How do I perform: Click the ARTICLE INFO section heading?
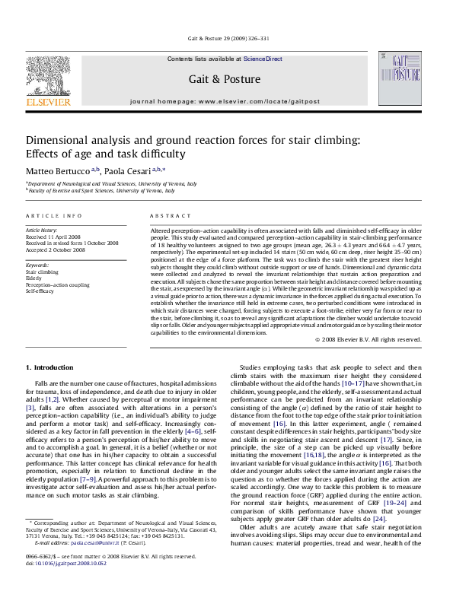(x=53, y=216)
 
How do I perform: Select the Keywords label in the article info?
(x=38, y=264)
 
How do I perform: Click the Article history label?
(x=42, y=229)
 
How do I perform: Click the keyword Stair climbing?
(x=42, y=271)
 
